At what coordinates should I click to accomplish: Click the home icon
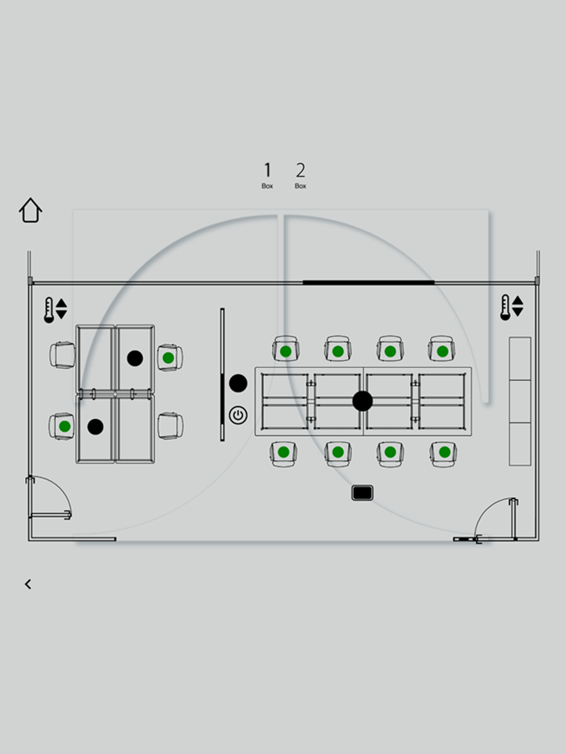tap(31, 210)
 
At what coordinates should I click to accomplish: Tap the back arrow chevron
tap(28, 584)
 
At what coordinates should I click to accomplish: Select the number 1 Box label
tap(267, 175)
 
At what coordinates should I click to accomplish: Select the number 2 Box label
tap(300, 175)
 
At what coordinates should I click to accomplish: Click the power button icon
tap(238, 415)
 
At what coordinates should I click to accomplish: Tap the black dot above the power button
tap(238, 383)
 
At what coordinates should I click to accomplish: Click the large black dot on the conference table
tap(362, 401)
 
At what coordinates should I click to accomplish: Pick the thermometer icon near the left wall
tap(48, 310)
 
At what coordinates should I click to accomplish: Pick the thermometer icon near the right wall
tap(505, 308)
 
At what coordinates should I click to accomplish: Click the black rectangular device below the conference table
tap(362, 493)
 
